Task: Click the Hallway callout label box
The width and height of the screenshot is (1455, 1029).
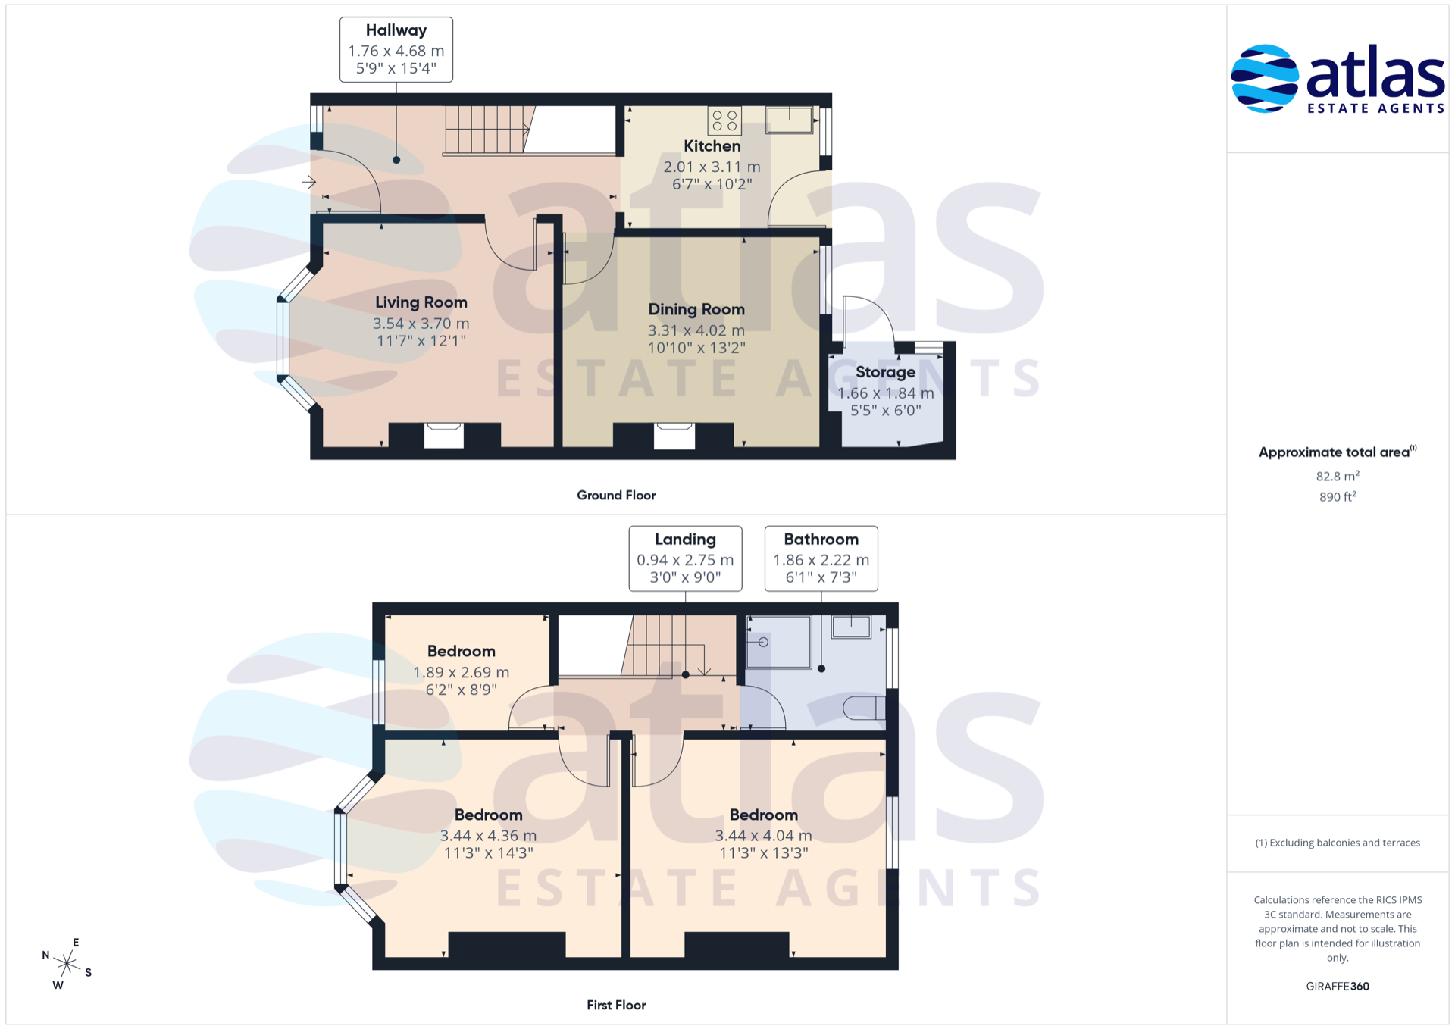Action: [x=396, y=49]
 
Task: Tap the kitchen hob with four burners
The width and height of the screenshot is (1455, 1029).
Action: [x=724, y=120]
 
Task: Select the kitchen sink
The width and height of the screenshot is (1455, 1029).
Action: [x=790, y=120]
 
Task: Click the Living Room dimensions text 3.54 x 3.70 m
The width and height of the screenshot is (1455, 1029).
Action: [x=421, y=324]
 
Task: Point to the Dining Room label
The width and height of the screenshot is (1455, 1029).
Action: [x=696, y=309]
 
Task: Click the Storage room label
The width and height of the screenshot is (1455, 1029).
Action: [x=885, y=372]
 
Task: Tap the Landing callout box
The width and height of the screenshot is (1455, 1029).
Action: [x=685, y=558]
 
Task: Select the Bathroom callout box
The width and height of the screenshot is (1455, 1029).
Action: [x=821, y=558]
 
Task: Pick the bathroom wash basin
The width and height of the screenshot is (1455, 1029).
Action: [x=851, y=627]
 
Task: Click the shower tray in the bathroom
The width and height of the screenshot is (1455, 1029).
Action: [x=778, y=642]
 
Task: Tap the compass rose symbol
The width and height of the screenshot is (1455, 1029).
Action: [x=67, y=964]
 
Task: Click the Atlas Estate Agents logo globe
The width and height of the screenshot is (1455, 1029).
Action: [x=1264, y=79]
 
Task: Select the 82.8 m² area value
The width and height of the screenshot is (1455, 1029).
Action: [x=1338, y=476]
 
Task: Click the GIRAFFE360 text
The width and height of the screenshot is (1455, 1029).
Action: [x=1338, y=986]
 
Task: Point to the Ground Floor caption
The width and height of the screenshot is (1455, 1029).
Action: [x=616, y=495]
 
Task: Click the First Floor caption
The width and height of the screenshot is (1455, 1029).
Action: [x=616, y=1005]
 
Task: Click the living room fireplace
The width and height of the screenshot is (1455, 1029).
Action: [x=444, y=435]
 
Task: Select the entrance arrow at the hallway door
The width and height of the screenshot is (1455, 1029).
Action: [x=309, y=182]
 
